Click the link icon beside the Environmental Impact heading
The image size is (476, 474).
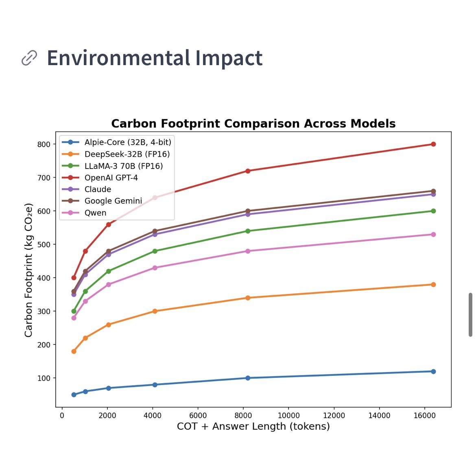(29, 58)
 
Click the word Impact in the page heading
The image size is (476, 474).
(229, 58)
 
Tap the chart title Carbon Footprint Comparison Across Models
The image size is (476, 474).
(253, 123)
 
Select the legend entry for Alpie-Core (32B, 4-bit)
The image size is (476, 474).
(127, 142)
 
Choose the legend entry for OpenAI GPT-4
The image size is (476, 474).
(111, 178)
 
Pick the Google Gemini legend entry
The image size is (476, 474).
(113, 201)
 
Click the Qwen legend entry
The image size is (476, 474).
(95, 213)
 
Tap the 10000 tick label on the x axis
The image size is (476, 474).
(288, 415)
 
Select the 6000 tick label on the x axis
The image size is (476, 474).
(198, 415)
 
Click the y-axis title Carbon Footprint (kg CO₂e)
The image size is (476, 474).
(28, 270)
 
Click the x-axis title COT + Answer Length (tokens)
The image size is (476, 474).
(253, 426)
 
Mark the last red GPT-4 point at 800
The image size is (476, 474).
(433, 144)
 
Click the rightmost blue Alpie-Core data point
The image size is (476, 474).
(433, 371)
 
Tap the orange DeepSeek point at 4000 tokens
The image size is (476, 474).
(155, 311)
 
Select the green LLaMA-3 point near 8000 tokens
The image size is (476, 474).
(247, 231)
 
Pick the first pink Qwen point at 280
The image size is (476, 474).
(74, 318)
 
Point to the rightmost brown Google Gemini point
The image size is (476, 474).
(433, 191)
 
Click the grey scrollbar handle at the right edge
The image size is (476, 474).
(470, 314)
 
